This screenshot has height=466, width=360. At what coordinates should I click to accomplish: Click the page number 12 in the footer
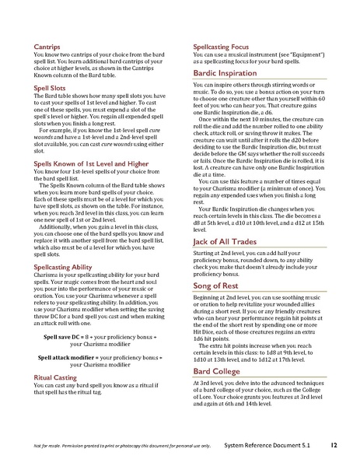pyautogui.click(x=333, y=444)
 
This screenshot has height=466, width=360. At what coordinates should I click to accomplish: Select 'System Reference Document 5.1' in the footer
pyautogui.click(x=279, y=445)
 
